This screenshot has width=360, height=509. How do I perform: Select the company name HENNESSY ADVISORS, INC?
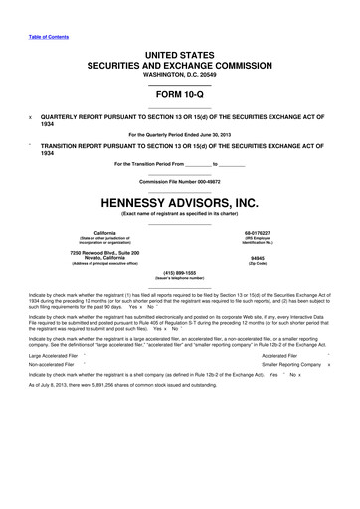(180, 202)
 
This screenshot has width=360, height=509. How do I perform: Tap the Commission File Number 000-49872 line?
(180, 182)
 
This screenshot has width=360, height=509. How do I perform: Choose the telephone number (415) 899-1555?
(180, 272)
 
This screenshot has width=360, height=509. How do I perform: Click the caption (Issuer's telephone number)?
(180, 278)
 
